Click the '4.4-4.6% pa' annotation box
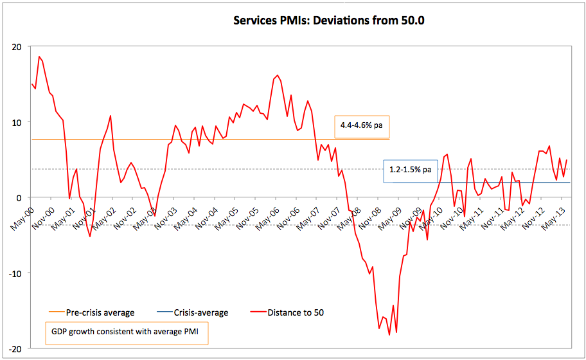(361, 125)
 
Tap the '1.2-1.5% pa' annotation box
(409, 171)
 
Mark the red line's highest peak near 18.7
(39, 57)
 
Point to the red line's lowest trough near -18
(389, 335)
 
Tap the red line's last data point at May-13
(567, 160)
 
